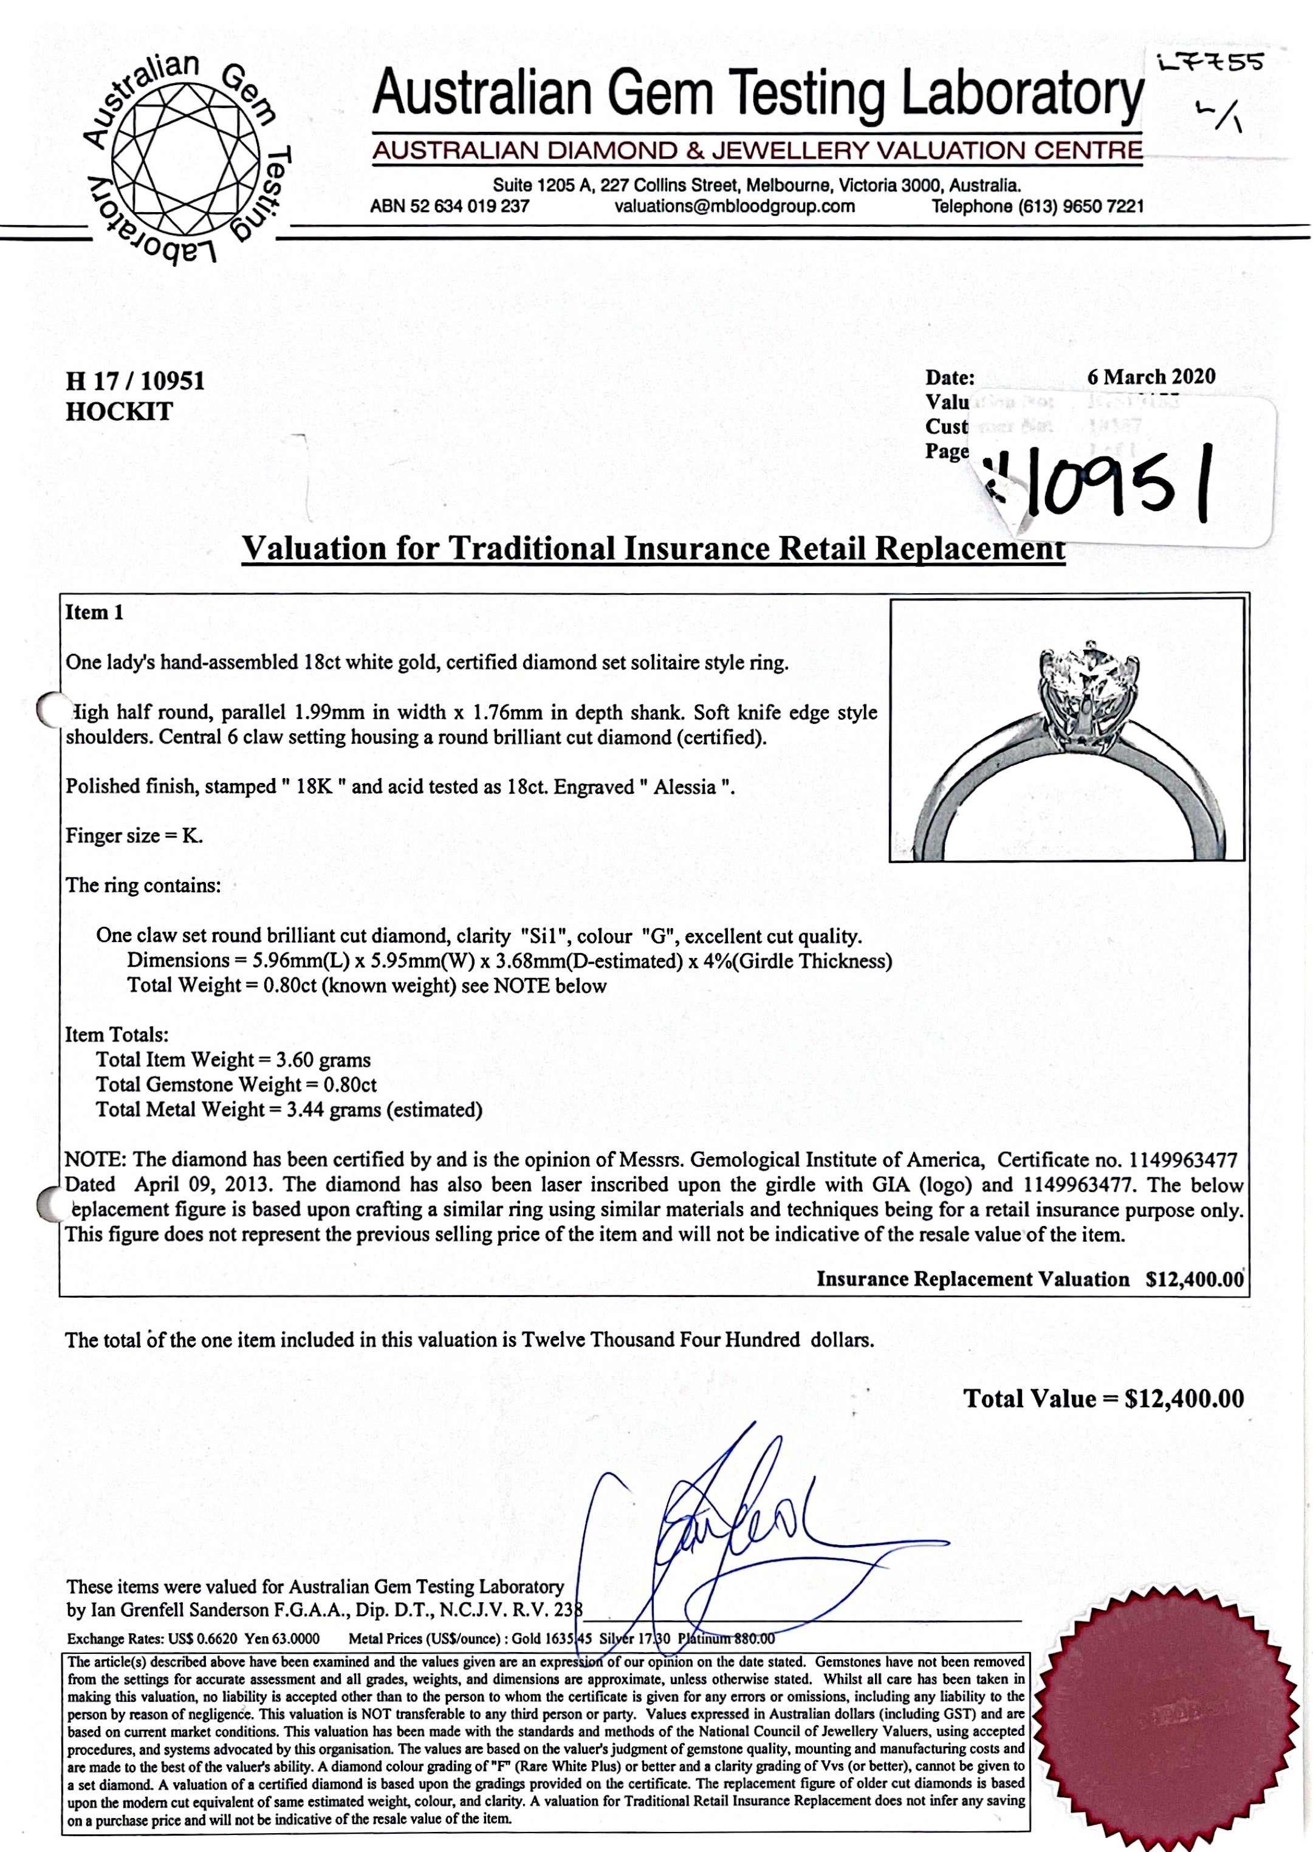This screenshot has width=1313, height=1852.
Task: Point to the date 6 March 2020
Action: click(x=1151, y=377)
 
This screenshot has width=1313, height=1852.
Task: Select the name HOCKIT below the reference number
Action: click(x=119, y=411)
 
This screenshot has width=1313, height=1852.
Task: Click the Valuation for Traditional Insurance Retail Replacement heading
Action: click(x=653, y=549)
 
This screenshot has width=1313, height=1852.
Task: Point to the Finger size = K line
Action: click(x=134, y=836)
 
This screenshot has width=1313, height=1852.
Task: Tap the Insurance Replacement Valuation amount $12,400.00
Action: click(x=1194, y=1279)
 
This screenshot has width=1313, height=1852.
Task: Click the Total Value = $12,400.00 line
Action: click(x=1103, y=1399)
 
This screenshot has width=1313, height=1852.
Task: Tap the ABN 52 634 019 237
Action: click(x=450, y=206)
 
